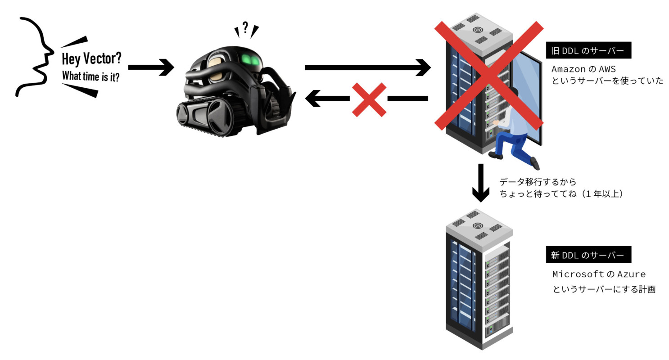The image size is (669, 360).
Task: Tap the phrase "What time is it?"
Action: tap(90, 76)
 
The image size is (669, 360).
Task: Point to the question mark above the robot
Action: tap(245, 28)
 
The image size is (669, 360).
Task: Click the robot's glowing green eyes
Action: tap(250, 59)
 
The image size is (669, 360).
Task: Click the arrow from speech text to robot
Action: tap(150, 67)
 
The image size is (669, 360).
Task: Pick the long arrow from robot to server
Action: tap(367, 67)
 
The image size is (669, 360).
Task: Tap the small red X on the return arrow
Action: tap(369, 99)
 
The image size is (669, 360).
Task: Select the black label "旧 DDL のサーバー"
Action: tap(588, 51)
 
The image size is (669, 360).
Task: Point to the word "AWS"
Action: tap(607, 70)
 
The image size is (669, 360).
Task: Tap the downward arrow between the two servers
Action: tap(481, 182)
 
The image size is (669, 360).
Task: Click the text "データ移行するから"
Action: tap(538, 182)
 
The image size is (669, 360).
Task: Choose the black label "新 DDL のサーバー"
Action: tap(588, 255)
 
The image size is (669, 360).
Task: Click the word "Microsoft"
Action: tap(578, 274)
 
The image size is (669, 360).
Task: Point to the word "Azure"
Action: tap(631, 274)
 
